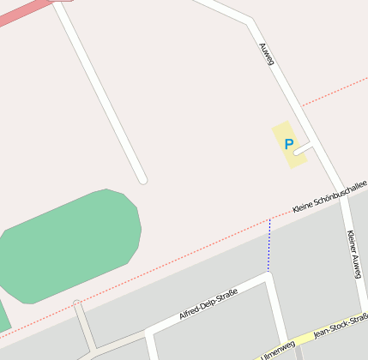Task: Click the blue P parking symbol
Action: pyautogui.click(x=289, y=144)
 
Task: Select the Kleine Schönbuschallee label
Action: pyautogui.click(x=329, y=196)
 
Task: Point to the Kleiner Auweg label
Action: pyautogui.click(x=354, y=253)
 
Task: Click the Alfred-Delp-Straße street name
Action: pyautogui.click(x=207, y=304)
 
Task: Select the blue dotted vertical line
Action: pyautogui.click(x=269, y=245)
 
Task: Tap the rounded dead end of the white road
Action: pyautogui.click(x=142, y=179)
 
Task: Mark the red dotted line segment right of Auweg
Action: pyautogui.click(x=335, y=89)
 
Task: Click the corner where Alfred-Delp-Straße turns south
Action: pyautogui.click(x=269, y=279)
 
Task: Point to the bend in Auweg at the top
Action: pyautogui.click(x=250, y=20)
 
